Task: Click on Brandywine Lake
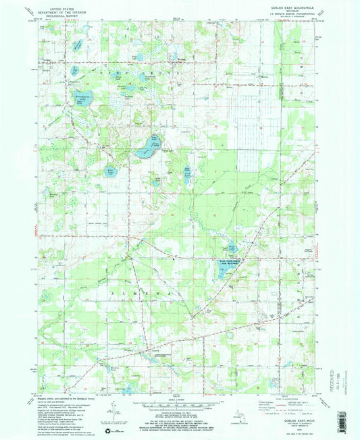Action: coord(85,99)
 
